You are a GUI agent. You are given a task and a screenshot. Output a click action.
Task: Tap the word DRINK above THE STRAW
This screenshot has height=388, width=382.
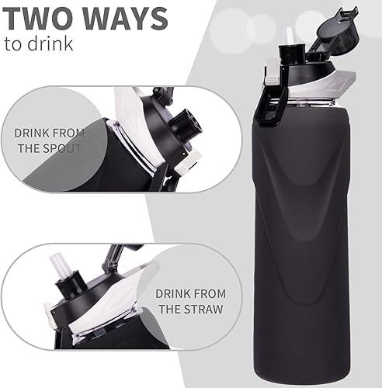(172, 293)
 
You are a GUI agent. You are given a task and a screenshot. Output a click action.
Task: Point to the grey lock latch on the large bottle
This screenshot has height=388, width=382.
(272, 78)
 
